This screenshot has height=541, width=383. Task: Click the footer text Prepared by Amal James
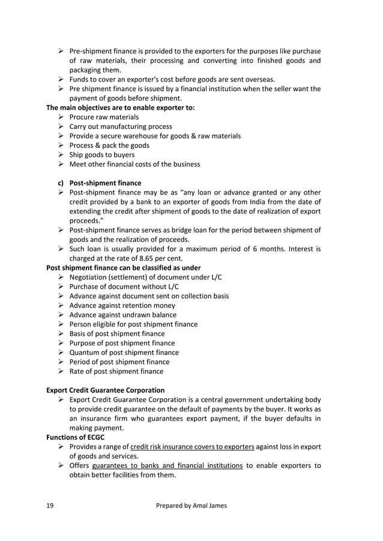click(191, 506)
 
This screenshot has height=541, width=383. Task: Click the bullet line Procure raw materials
click(104, 117)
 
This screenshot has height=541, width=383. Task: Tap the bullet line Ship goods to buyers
click(102, 155)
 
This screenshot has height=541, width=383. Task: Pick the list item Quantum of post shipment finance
click(124, 353)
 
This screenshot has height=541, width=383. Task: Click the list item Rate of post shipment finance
click(116, 371)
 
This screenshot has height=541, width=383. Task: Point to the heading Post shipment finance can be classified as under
click(124, 268)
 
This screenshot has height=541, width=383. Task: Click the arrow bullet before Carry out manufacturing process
click(61, 127)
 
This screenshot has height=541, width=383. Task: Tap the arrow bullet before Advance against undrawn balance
click(61, 315)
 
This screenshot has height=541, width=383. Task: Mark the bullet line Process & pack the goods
click(109, 145)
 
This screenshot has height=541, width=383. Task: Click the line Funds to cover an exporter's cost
click(172, 79)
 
